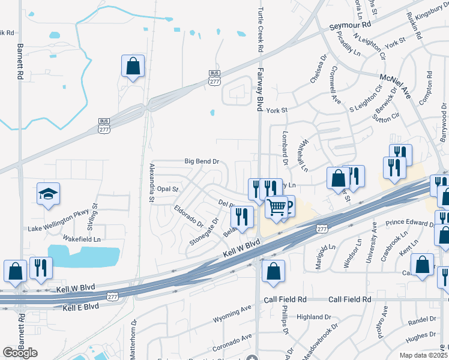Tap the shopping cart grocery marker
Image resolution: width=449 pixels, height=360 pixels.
pyautogui.click(x=277, y=208)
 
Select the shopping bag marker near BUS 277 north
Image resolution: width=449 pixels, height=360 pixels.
pyautogui.click(x=133, y=66)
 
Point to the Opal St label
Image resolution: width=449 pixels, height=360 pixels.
pyautogui.click(x=168, y=189)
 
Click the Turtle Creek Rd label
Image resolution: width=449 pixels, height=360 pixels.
pyautogui.click(x=261, y=26)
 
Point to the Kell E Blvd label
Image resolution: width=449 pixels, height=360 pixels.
pyautogui.click(x=80, y=306)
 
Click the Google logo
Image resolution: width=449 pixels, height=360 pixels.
pyautogui.click(x=20, y=352)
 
